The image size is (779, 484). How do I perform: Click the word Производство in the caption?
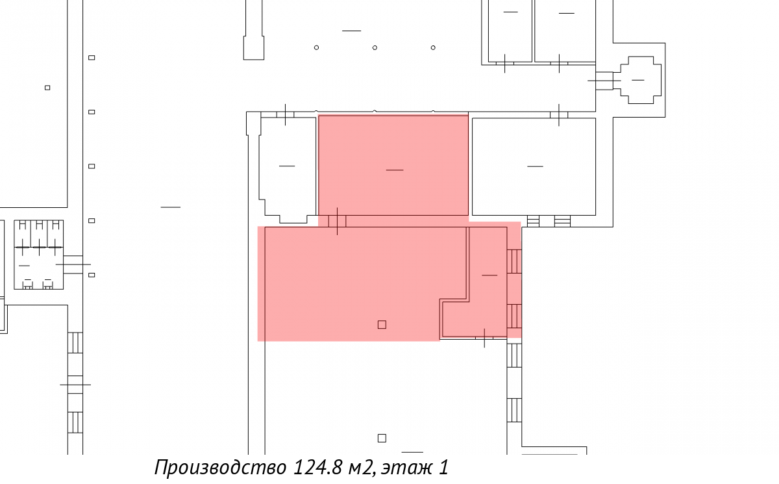[221, 467]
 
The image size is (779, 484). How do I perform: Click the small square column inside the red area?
[382, 325]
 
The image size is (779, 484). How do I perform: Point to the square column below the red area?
[382, 438]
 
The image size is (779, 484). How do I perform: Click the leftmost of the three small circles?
[316, 47]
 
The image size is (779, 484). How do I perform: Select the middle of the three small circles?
[375, 47]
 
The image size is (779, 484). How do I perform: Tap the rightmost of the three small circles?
[433, 47]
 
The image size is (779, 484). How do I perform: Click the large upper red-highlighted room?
[393, 166]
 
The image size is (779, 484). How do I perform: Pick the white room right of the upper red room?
[534, 167]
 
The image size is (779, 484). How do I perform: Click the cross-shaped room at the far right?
[641, 80]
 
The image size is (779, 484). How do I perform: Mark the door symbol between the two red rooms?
[337, 222]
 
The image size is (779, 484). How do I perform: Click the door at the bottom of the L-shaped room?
[484, 338]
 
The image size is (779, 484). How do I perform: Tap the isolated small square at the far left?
[47, 88]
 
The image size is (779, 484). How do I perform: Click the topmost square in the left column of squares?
[92, 57]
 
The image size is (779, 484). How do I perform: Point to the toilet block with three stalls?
[38, 255]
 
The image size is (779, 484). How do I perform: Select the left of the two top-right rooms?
[510, 31]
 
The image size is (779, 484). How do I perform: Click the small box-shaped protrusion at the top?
[254, 47]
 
